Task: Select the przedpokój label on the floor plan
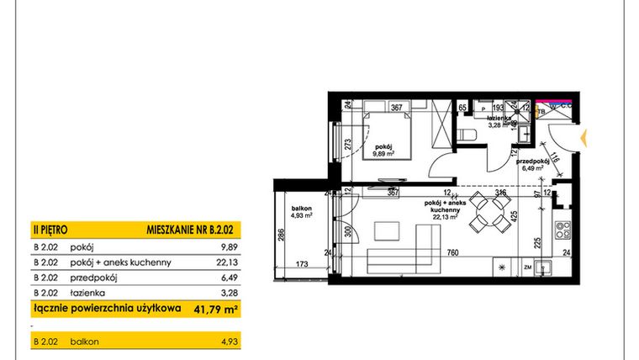(534, 161)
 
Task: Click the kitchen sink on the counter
(543, 268)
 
